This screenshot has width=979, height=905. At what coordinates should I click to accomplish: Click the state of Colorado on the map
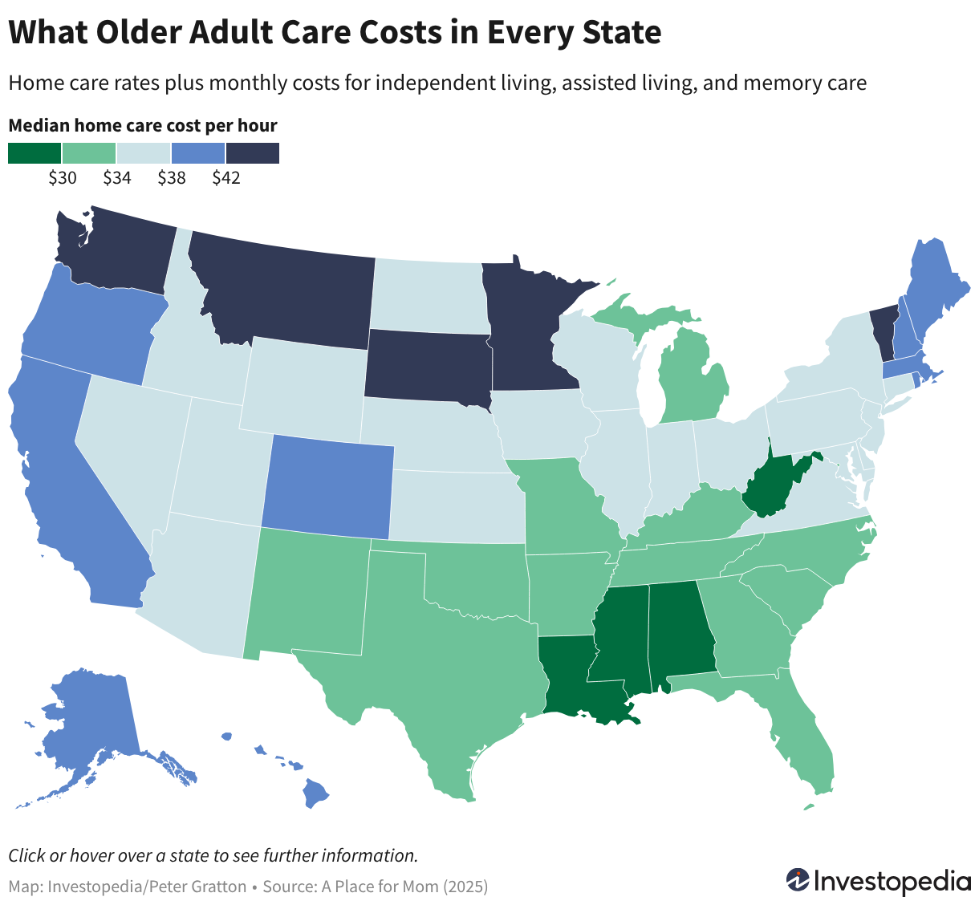[328, 486]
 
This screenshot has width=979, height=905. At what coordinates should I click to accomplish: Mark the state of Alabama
[680, 636]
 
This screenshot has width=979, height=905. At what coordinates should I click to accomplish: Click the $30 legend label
[63, 177]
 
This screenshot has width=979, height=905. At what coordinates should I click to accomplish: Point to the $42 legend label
[226, 177]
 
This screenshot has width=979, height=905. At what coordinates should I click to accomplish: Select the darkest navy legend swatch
[253, 152]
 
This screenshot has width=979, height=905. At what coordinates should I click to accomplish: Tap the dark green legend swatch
[35, 152]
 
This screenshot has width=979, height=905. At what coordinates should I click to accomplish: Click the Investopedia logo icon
[797, 880]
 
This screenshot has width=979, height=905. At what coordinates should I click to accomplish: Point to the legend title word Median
[39, 126]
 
